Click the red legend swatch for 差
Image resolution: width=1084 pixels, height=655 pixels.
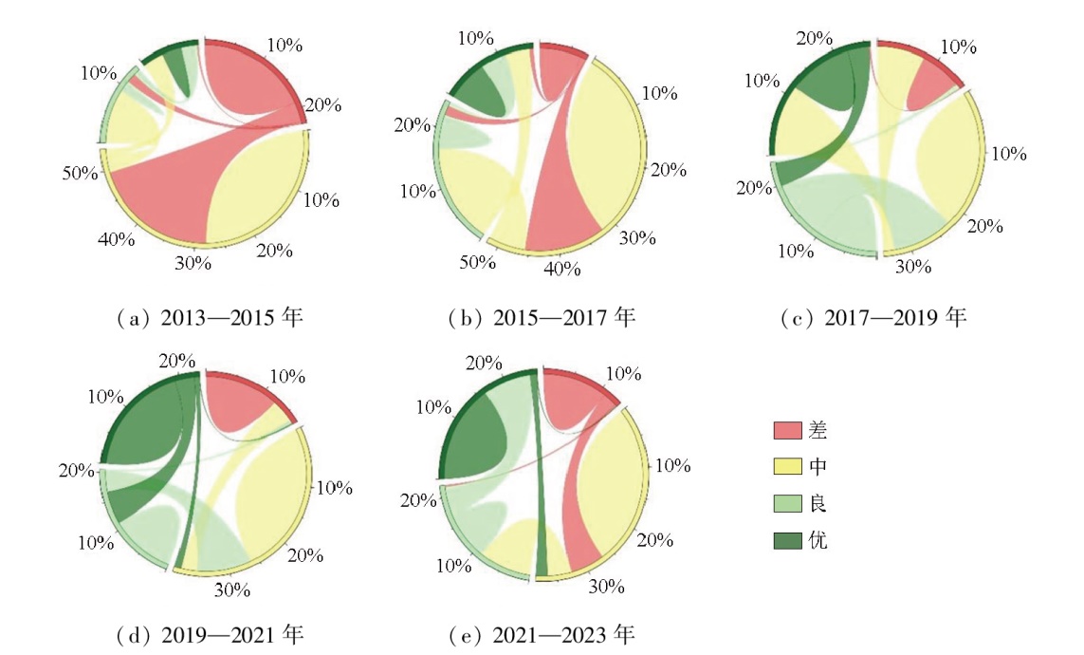[x=785, y=430]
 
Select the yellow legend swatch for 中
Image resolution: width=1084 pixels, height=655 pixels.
[x=785, y=467]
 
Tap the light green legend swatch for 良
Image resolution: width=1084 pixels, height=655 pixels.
[x=785, y=504]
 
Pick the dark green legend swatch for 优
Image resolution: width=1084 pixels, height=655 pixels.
[x=785, y=541]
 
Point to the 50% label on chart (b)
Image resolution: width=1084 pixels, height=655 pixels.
[x=477, y=262]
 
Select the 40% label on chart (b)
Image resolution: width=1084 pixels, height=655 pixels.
[x=562, y=270]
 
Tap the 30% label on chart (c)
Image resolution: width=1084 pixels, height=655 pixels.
[x=914, y=267]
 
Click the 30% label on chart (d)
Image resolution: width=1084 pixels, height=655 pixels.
[x=232, y=589]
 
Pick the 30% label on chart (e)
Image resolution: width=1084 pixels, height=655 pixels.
[x=605, y=587]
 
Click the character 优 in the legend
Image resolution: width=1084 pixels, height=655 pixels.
[x=818, y=541]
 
